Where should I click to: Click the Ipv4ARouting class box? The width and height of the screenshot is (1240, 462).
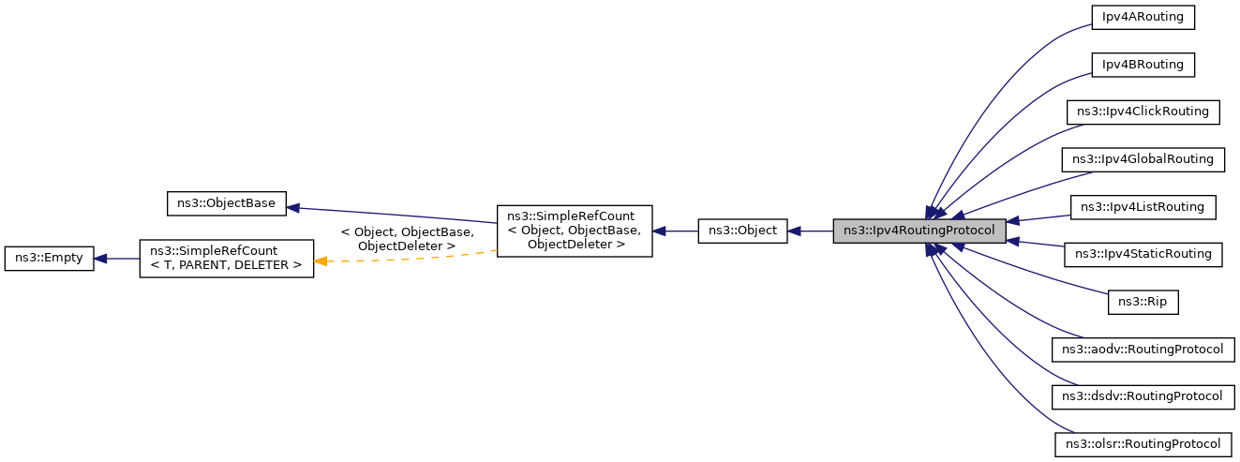tap(1143, 17)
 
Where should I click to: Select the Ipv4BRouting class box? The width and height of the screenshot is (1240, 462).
tap(1143, 65)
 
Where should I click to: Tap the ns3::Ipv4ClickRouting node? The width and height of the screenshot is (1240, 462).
tap(1143, 112)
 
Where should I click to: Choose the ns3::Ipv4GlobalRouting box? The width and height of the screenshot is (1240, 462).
tap(1143, 159)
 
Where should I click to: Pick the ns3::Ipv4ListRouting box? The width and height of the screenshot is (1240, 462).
tap(1143, 206)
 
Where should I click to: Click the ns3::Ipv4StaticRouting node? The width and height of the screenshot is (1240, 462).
tap(1143, 254)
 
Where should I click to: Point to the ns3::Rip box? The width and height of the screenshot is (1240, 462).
tap(1143, 302)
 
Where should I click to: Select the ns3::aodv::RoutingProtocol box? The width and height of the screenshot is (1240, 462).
tap(1143, 350)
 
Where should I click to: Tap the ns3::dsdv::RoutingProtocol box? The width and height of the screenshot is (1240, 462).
tap(1143, 396)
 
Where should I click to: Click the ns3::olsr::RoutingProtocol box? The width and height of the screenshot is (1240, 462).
tap(1143, 444)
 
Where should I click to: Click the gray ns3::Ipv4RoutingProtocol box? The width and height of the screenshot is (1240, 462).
tap(919, 230)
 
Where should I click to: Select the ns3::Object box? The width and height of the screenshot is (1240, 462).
tap(743, 230)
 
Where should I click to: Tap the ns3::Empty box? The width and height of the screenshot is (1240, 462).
tap(50, 259)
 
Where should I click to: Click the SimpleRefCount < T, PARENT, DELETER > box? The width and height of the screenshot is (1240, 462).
tap(226, 259)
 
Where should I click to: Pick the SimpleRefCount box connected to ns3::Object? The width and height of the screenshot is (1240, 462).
tap(574, 231)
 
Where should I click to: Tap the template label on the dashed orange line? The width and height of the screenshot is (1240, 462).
tap(407, 238)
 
